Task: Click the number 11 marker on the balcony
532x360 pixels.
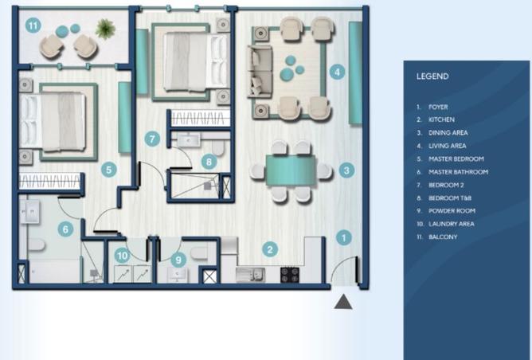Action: pos(33,25)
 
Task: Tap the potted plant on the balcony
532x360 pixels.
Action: pos(105,29)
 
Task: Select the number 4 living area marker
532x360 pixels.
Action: pos(337,72)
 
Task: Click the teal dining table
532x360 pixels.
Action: pos(291,170)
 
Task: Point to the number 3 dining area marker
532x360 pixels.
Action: pos(346,170)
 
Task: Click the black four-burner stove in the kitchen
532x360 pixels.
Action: pos(290,275)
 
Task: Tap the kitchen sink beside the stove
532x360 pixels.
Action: pos(250,275)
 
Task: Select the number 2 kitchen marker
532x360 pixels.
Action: pos(270,249)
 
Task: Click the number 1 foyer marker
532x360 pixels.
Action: pos(344,237)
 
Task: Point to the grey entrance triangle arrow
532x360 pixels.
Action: pos(343,301)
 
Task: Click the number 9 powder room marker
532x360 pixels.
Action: pos(178,260)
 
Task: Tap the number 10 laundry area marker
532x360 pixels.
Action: pos(122,256)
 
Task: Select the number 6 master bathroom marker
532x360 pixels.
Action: pos(65,229)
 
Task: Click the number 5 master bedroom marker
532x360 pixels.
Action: pos(109,170)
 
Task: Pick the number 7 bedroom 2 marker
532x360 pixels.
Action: pos(152,139)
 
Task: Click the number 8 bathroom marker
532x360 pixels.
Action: pos(209,162)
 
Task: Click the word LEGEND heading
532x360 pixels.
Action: pos(432,76)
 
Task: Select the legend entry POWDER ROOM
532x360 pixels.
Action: pos(452,211)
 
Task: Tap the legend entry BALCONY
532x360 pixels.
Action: pos(443,237)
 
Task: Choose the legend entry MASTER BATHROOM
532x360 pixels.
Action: pos(459,172)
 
